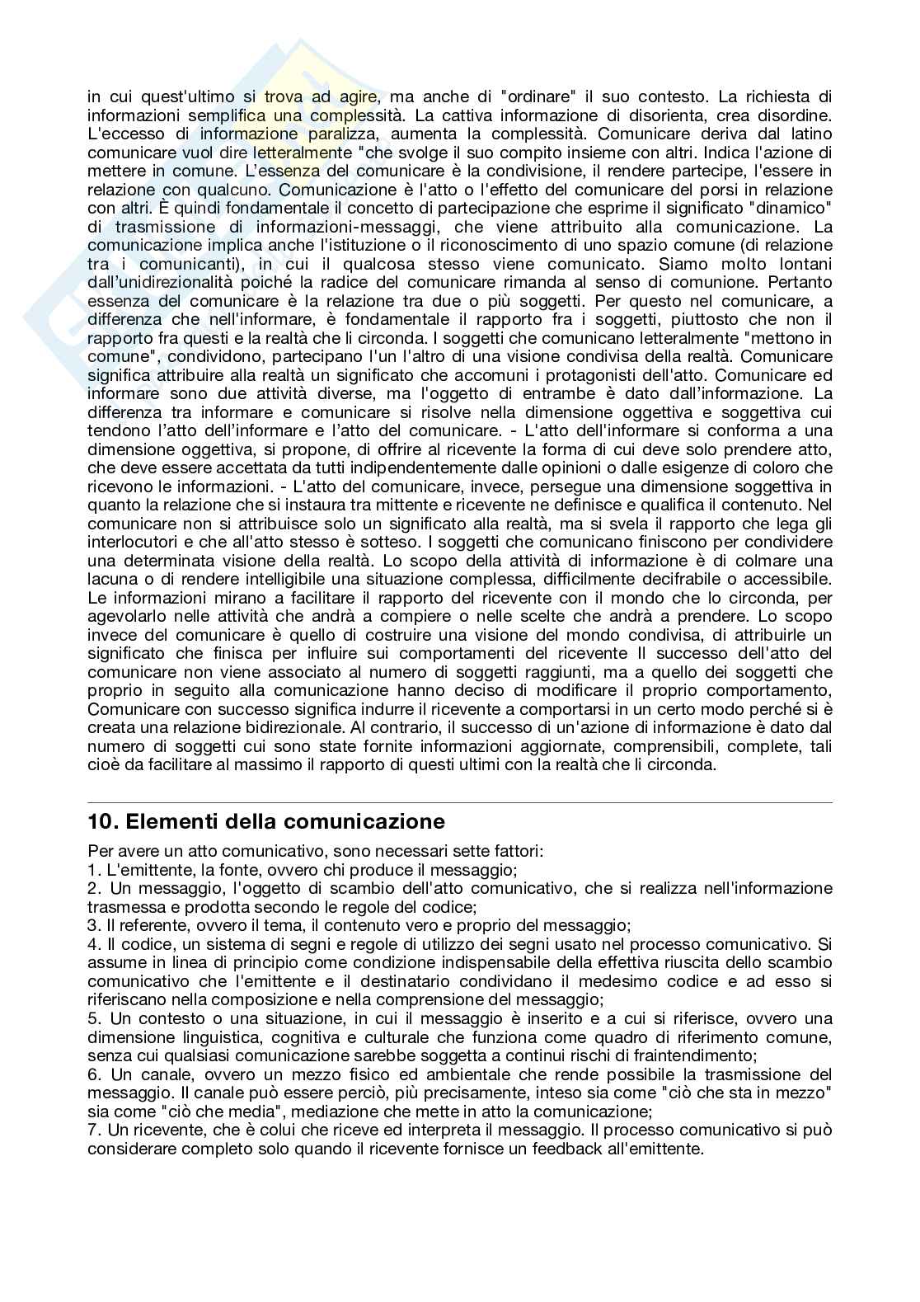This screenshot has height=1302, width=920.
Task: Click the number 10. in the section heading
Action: tap(102, 821)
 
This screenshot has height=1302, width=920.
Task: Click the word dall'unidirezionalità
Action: tap(156, 282)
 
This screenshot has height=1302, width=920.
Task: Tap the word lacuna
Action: tap(110, 579)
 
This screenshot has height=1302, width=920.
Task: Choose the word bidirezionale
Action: tap(296, 727)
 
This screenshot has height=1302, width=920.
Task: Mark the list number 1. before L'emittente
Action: tap(94, 869)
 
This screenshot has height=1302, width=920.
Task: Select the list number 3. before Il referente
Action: tap(94, 925)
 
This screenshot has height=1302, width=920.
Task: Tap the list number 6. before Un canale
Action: tap(94, 1074)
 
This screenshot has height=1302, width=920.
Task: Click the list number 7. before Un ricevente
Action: tap(94, 1129)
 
